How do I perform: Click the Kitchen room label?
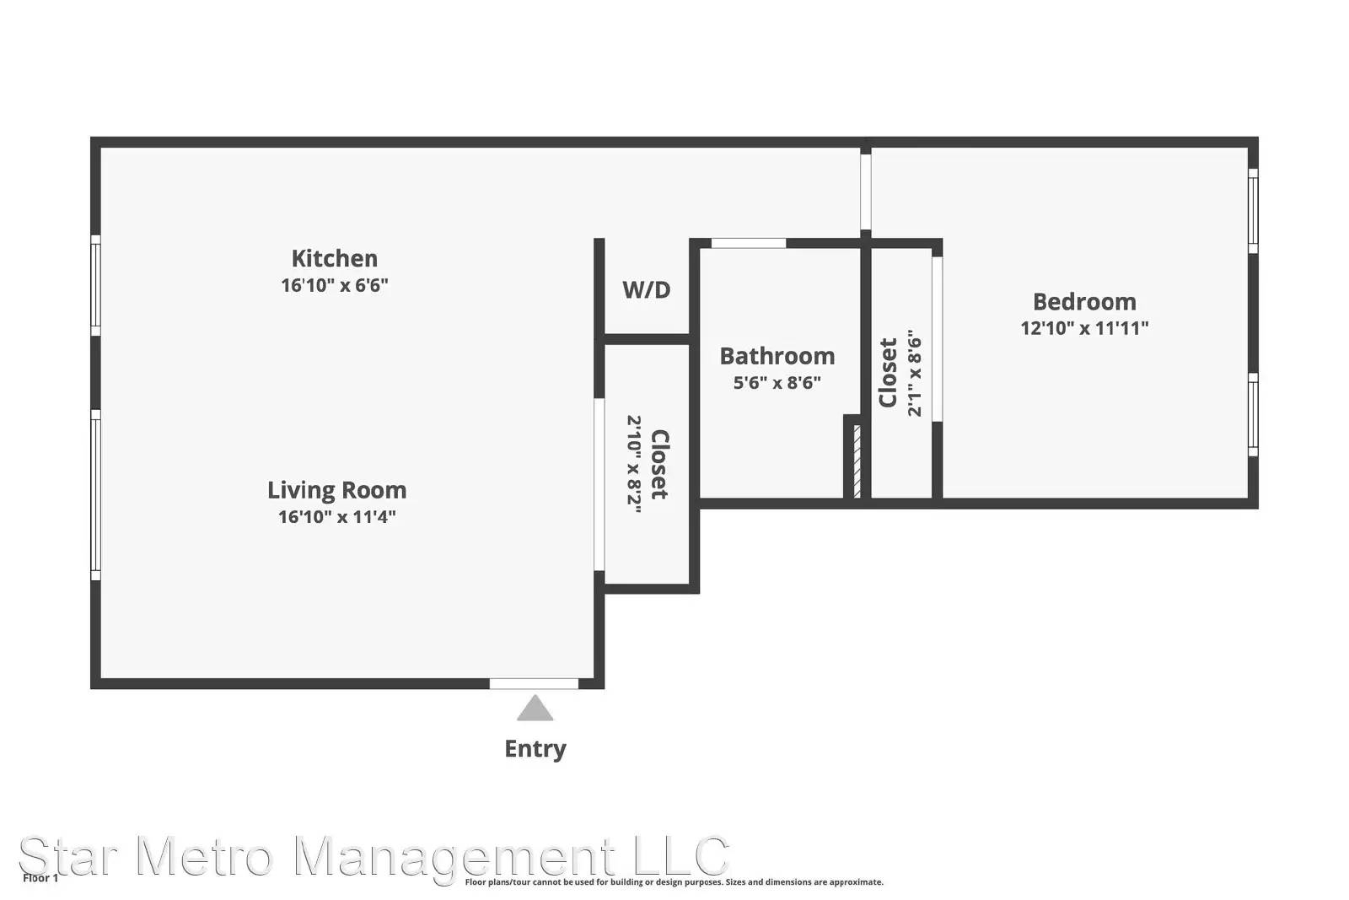click(x=334, y=259)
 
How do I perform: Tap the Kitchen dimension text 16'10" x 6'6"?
click(x=334, y=285)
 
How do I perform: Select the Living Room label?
click(x=336, y=490)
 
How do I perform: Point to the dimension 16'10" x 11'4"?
click(x=336, y=517)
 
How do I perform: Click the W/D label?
click(x=646, y=290)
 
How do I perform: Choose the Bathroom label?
click(x=777, y=356)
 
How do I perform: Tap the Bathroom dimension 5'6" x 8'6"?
click(x=777, y=383)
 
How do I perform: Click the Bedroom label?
click(x=1084, y=302)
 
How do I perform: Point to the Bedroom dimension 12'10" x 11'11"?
click(x=1084, y=328)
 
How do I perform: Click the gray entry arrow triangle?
click(x=535, y=709)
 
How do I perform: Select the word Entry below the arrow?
click(x=535, y=749)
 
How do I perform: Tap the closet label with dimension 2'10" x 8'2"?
click(x=660, y=464)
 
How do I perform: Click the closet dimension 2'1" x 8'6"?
click(x=914, y=373)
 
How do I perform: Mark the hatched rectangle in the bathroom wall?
click(x=857, y=461)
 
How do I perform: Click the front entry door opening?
click(x=534, y=684)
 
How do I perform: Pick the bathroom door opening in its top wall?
click(x=749, y=244)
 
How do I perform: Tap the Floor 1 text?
click(x=40, y=878)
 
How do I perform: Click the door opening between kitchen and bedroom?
click(x=865, y=192)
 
